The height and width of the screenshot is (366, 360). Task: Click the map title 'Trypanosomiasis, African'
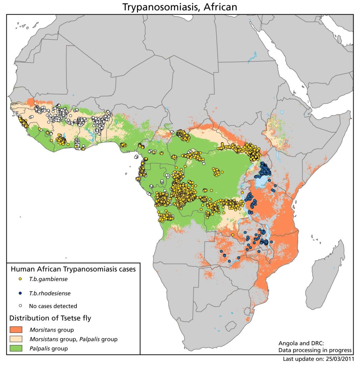pyautogui.click(x=179, y=7)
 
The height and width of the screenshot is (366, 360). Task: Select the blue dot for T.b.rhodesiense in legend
pyautogui.click(x=21, y=293)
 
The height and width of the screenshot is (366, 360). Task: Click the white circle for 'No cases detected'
pyautogui.click(x=21, y=306)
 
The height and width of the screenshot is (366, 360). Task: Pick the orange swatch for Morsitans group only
pyautogui.click(x=16, y=329)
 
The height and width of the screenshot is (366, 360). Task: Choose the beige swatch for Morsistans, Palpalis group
pyautogui.click(x=16, y=338)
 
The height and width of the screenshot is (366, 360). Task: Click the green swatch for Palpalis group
pyautogui.click(x=16, y=348)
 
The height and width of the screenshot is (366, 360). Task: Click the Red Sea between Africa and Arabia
pyautogui.click(x=286, y=64)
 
